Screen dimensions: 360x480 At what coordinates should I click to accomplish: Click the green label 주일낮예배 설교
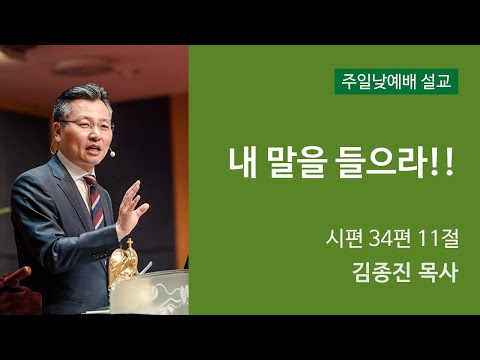pos(396,81)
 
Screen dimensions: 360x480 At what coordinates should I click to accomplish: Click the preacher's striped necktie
pos(94,201)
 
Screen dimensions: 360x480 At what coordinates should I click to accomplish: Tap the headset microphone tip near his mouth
pos(112,153)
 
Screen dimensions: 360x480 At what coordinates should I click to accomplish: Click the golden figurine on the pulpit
pos(125,265)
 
